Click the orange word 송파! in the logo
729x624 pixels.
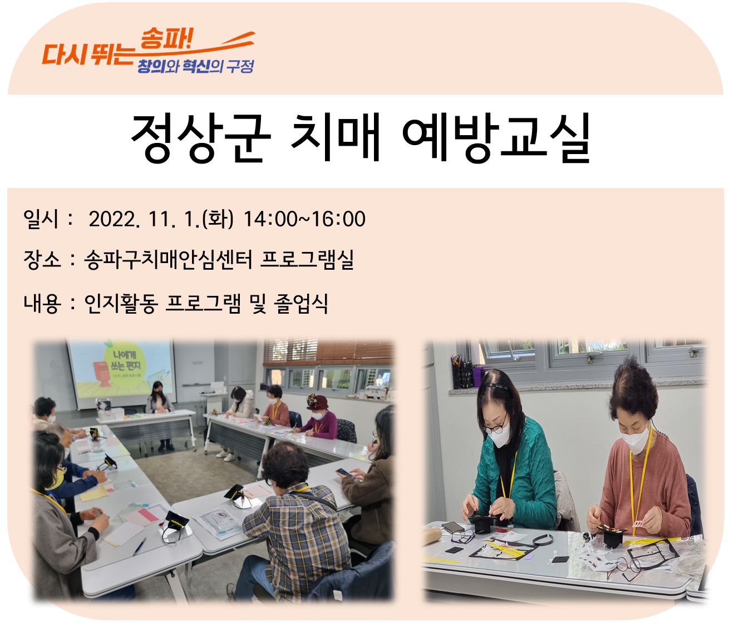[166, 39]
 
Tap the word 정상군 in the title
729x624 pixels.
[200, 138]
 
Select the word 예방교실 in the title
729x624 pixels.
[496, 138]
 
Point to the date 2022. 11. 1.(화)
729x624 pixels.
[161, 219]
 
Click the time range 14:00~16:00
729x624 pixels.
[304, 219]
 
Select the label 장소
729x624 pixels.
[42, 260]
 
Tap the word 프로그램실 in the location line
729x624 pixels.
[307, 260]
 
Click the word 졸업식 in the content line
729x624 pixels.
[301, 303]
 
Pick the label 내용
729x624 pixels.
[42, 303]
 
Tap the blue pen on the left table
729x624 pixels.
[140, 546]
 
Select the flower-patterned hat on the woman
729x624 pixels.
[316, 401]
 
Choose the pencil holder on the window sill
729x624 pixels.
[461, 372]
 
